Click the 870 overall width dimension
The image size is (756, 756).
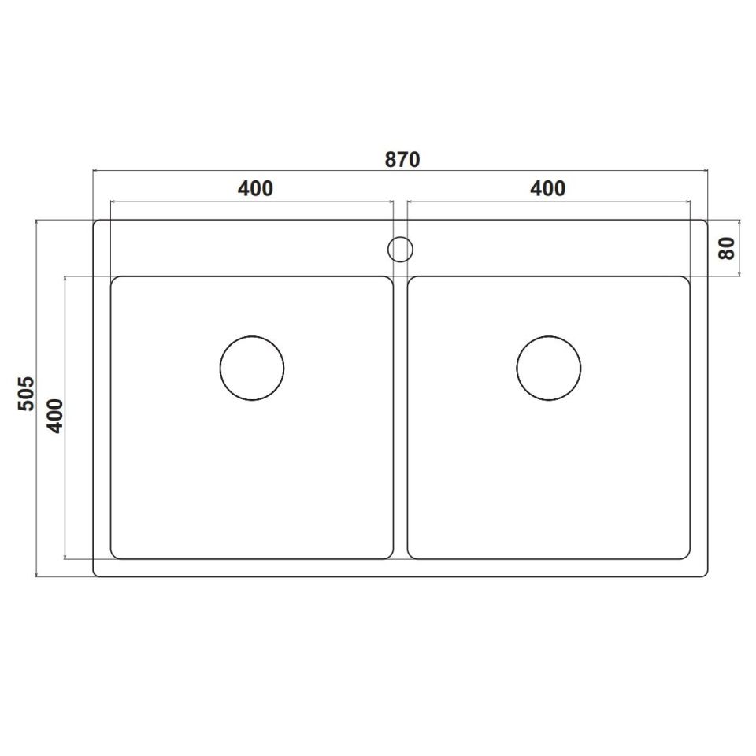pos(402,159)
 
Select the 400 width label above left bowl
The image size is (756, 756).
pos(255,189)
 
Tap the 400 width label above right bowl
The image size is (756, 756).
pos(547,189)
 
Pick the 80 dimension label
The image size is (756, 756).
pos(726,249)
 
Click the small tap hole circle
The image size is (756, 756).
pos(400,249)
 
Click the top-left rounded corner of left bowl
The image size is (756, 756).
pos(113,280)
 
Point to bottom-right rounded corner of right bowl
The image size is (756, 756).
pos(687,555)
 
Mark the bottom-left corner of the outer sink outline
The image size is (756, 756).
pos(95,574)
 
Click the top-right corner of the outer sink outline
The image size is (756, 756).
pos(705,222)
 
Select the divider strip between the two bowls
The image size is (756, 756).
pos(400,417)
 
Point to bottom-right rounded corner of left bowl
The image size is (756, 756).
pos(389,555)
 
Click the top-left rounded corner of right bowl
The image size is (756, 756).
pos(411,280)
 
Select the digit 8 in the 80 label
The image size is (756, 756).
pos(726,254)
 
